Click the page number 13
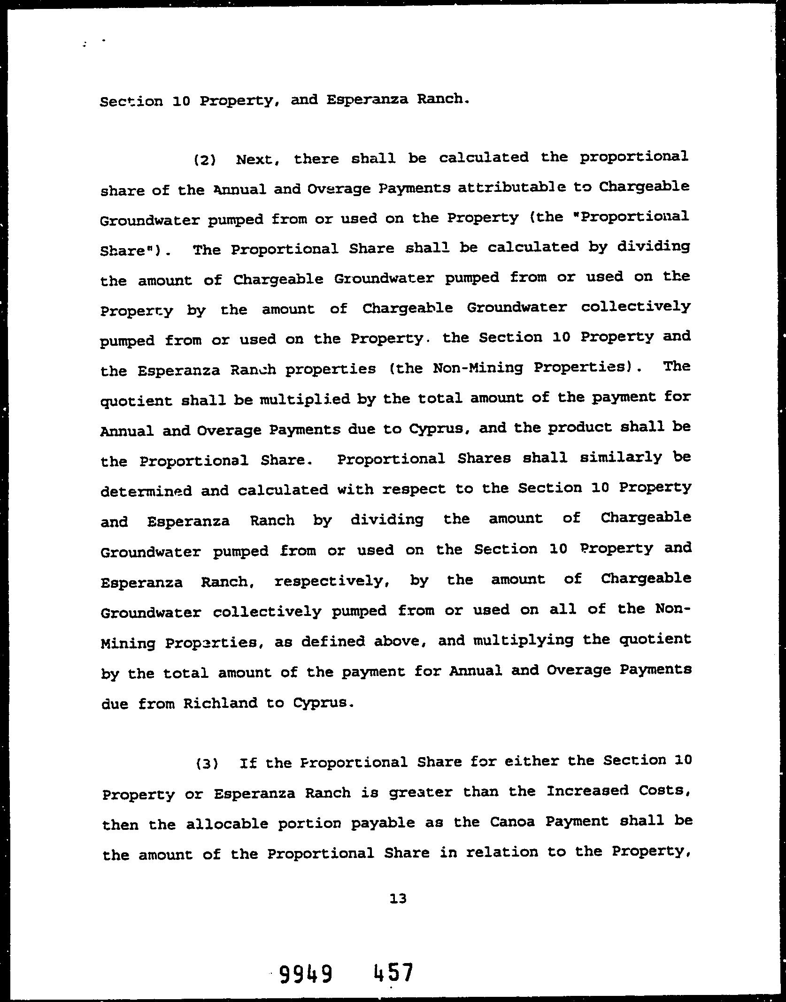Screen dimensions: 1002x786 (398, 899)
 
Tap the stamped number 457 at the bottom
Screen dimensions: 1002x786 (393, 972)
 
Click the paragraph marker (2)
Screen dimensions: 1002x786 (205, 160)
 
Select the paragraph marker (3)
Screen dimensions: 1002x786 (207, 763)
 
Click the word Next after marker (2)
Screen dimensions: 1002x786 (258, 159)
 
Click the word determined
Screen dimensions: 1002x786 (146, 491)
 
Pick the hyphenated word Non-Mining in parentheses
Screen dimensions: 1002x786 (478, 367)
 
